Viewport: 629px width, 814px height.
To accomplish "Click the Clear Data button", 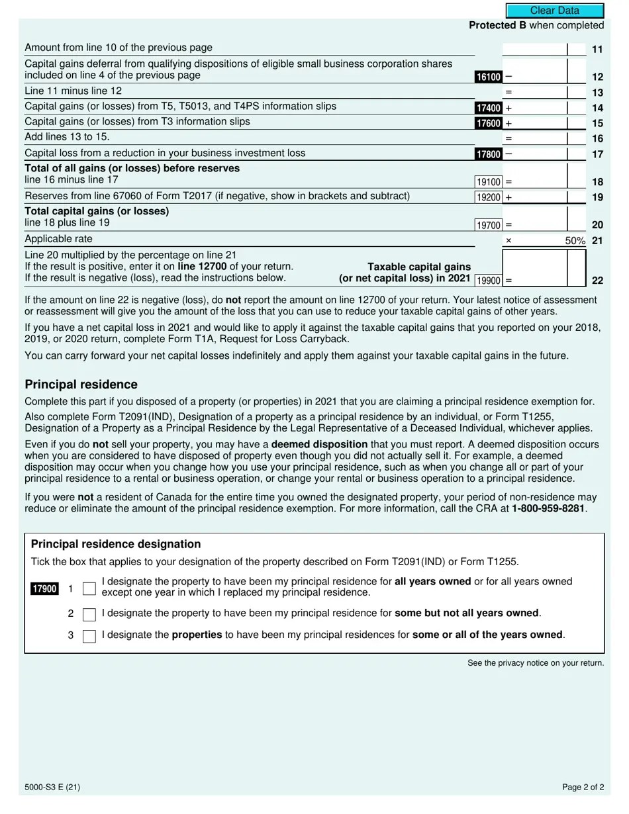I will (x=555, y=11).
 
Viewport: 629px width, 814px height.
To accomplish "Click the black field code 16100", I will (x=488, y=77).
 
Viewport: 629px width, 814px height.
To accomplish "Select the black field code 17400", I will (x=488, y=108).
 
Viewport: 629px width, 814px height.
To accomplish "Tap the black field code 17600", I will (x=488, y=123).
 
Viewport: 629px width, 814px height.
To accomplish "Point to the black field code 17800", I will (x=488, y=154).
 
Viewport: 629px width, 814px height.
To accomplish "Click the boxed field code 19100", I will (x=489, y=182).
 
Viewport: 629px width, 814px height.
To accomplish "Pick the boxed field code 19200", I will (x=489, y=197).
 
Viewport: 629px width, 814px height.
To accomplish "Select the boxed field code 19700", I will (x=489, y=226).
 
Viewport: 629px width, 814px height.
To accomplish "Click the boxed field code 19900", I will (x=489, y=281).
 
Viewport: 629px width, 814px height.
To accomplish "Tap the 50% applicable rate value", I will (x=575, y=241).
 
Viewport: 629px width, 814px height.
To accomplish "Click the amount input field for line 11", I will (x=534, y=50).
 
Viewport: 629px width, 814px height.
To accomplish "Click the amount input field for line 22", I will (x=534, y=268).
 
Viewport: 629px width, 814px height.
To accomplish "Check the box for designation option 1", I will (x=89, y=589).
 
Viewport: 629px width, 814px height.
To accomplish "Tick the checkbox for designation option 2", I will (x=89, y=615).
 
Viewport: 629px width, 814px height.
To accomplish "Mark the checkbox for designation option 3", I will (x=89, y=637).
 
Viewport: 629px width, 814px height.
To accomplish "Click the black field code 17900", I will (x=44, y=589).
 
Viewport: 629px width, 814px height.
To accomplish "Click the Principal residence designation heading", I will (x=116, y=544).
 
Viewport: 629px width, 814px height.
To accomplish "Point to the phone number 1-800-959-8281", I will (x=548, y=509).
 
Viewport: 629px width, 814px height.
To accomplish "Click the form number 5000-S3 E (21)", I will (x=52, y=788).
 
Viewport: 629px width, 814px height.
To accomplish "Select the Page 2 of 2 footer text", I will (x=583, y=788).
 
